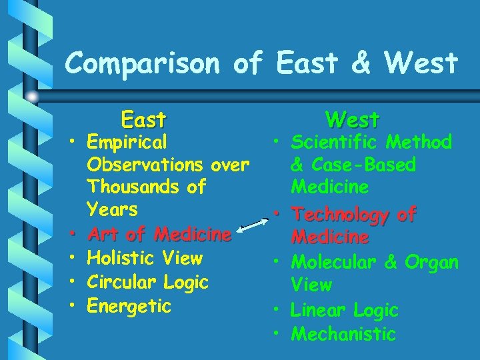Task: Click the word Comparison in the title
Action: coord(144,64)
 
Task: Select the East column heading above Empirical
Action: coord(143,120)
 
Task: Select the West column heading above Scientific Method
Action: coord(352,120)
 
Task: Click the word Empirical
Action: coord(128,142)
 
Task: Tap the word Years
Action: coord(113,210)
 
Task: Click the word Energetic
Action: coord(130,306)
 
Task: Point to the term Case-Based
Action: coord(366,165)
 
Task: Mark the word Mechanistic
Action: coord(344,333)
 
